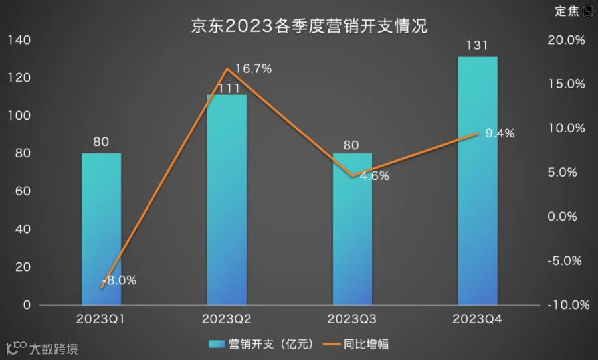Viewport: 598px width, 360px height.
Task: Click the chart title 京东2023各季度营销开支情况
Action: coord(309,26)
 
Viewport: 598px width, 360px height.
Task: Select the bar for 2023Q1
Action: coord(102,228)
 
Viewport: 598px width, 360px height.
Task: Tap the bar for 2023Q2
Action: coord(227,199)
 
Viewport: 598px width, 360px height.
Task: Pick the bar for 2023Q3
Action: coord(352,228)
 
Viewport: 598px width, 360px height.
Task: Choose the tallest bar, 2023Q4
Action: coord(478,181)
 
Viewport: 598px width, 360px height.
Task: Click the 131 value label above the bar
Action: coord(478,46)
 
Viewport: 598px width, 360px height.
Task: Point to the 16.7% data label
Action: coord(254,68)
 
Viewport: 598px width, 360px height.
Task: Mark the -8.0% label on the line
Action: coord(120,280)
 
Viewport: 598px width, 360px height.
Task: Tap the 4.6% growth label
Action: coord(375,176)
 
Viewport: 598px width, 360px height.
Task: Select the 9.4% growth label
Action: coord(500,133)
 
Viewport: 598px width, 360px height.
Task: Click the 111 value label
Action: coord(229,88)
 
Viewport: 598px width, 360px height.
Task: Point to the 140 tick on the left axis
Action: coord(19,40)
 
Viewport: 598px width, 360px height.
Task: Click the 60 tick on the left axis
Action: coord(23,191)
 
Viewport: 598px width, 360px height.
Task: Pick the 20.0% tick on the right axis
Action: coord(566,40)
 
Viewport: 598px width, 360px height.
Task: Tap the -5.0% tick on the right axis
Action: coord(565,261)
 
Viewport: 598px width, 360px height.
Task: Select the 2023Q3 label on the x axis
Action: coord(351,319)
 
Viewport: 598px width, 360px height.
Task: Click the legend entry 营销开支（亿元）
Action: coord(261,344)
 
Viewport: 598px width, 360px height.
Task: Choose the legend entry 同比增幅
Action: coord(356,344)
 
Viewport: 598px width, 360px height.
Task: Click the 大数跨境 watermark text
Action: coord(54,349)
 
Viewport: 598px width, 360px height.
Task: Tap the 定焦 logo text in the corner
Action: coord(567,11)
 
